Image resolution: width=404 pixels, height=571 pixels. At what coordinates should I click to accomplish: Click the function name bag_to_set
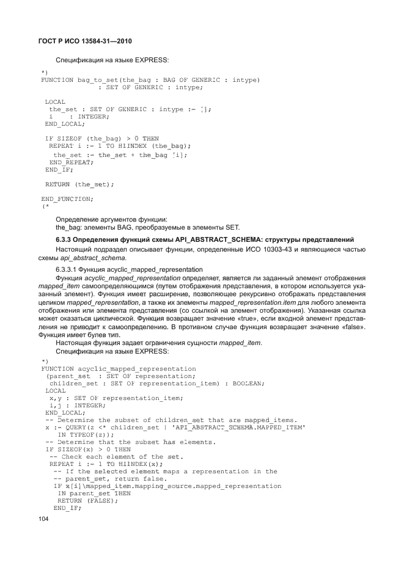click(97, 80)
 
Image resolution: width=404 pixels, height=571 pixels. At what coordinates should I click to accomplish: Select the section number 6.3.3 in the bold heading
click(67, 238)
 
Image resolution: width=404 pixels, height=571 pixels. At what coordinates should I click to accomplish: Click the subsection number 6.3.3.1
click(71, 269)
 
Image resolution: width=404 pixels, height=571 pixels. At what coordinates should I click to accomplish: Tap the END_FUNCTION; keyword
click(67, 199)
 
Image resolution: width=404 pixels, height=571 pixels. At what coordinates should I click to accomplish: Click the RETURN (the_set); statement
click(79, 184)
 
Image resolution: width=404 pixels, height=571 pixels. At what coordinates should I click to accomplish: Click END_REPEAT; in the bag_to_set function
click(72, 162)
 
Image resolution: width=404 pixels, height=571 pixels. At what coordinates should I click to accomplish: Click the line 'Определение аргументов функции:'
click(112, 218)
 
